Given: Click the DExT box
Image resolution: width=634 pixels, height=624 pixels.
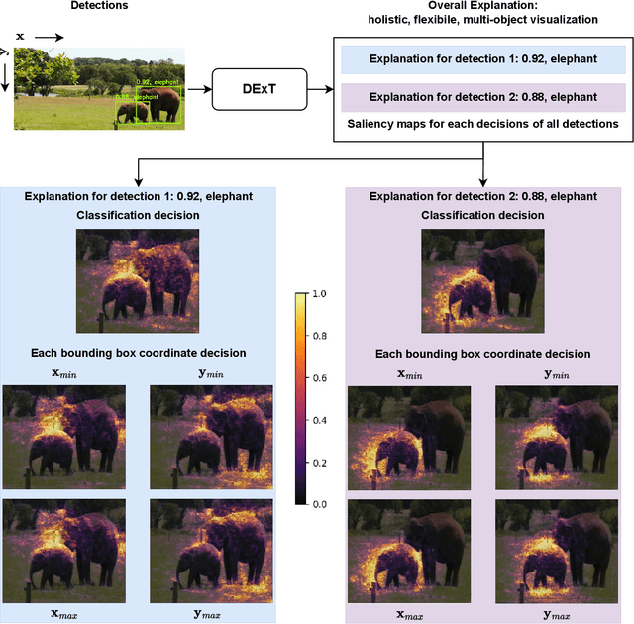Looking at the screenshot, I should (x=261, y=89).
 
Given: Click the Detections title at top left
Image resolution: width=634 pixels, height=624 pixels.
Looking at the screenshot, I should (x=99, y=6).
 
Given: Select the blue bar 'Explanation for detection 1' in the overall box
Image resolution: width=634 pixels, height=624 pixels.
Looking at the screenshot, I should (x=482, y=59).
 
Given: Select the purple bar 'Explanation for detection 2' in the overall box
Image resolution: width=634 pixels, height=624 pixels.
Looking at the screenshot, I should (x=482, y=97).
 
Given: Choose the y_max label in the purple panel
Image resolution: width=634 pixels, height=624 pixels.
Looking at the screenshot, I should (x=556, y=615).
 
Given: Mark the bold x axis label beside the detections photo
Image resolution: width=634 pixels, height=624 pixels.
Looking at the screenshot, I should (x=19, y=37).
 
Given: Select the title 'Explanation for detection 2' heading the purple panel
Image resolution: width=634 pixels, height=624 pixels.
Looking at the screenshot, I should (x=482, y=196).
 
